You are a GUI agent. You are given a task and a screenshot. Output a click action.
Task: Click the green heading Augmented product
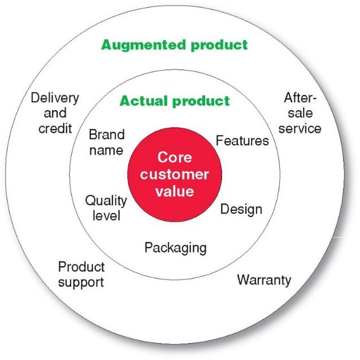[x=174, y=44]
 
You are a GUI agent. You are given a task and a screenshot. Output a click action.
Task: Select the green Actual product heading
[x=175, y=101]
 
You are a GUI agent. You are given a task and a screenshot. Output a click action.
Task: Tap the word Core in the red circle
[x=174, y=157]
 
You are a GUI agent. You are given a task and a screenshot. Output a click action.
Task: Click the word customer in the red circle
[x=175, y=174]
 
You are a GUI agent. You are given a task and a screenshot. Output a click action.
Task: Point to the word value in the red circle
[x=175, y=191]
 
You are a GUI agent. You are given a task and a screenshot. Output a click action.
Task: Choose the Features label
[x=242, y=140]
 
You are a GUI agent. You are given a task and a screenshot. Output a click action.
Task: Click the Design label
[x=241, y=209]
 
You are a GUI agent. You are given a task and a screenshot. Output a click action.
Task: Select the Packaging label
[x=175, y=248]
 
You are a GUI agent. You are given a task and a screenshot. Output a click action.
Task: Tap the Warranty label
[x=264, y=279]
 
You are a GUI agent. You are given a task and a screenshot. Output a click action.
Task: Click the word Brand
[x=107, y=136]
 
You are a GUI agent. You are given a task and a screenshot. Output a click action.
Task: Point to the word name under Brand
[x=106, y=150]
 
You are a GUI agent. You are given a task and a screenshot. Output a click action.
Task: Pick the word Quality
[x=106, y=201]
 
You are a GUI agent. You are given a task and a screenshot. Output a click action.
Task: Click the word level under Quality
[x=107, y=215]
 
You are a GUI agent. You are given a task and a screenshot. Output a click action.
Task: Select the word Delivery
[x=55, y=98]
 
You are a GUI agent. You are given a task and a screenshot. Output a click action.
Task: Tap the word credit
[x=55, y=128]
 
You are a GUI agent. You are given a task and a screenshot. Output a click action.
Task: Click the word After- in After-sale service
[x=300, y=98]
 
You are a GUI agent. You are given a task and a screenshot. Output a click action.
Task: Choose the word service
[x=300, y=128]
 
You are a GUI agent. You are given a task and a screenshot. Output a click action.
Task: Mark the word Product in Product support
[x=81, y=266]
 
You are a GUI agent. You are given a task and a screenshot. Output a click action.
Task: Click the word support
[x=81, y=281]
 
